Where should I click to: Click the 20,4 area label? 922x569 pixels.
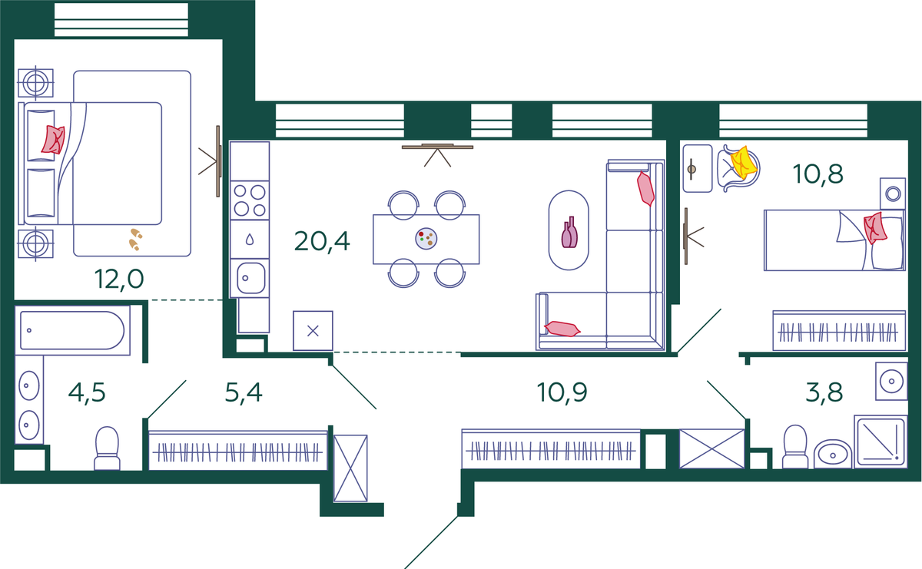[x=322, y=242]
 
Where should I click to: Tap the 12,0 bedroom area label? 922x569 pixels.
[x=119, y=280]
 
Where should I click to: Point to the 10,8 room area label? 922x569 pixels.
[x=818, y=174]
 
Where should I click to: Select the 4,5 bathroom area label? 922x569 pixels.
[x=87, y=392]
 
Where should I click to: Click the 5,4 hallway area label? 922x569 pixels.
[x=244, y=392]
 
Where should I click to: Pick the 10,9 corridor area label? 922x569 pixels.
[x=562, y=392]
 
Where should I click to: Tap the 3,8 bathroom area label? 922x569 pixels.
[x=824, y=392]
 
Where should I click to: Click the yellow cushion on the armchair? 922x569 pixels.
[x=744, y=163]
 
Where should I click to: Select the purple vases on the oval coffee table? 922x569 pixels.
[x=569, y=233]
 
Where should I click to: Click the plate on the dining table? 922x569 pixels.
[x=426, y=239]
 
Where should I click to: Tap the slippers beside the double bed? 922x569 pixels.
[x=135, y=240]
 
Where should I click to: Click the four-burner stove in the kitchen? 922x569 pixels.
[x=250, y=200]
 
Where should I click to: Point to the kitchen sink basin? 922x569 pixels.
[x=250, y=278]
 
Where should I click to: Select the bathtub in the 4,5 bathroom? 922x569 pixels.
[x=72, y=330]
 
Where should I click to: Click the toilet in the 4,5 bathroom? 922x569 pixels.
[x=107, y=448]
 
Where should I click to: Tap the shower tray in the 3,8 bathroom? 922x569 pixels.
[x=881, y=442]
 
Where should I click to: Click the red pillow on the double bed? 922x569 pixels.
[x=54, y=140]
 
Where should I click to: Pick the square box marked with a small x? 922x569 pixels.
[x=313, y=331]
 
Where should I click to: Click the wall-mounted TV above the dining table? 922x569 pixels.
[x=437, y=147]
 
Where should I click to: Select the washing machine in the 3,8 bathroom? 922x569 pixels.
[x=891, y=381]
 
